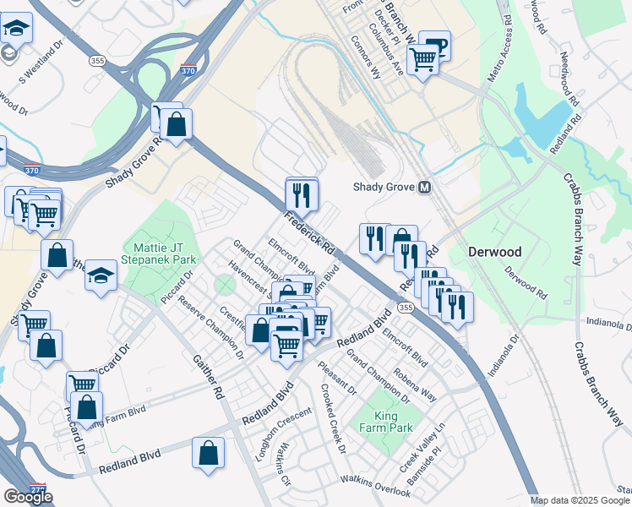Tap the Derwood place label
pyautogui.click(x=494, y=253)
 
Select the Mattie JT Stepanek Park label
pyautogui.click(x=159, y=253)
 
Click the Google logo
pyautogui.click(x=28, y=497)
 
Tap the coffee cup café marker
pyautogui.click(x=435, y=46)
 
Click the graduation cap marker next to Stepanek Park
pyautogui.click(x=101, y=275)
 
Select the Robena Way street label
pyautogui.click(x=413, y=384)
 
